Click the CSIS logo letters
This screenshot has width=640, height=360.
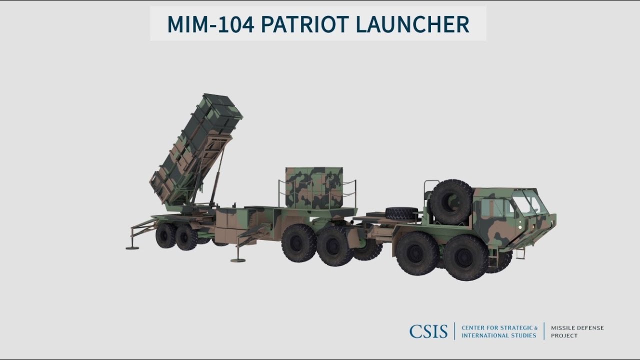point(428,331)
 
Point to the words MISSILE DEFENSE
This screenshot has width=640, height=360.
point(577,328)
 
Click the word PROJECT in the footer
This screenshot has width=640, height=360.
point(564,335)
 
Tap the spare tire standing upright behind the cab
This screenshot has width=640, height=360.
point(451,201)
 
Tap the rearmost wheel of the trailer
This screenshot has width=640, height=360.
point(165,235)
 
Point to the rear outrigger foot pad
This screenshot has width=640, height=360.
point(132,247)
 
